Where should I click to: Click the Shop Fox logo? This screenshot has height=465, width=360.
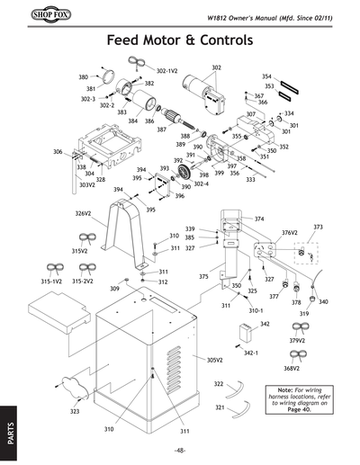click(31, 15)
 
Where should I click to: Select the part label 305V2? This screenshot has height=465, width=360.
click(214, 360)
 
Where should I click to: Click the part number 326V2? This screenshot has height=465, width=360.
click(83, 214)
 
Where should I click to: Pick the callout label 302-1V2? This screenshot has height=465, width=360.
click(167, 69)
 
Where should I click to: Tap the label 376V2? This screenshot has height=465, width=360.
click(289, 232)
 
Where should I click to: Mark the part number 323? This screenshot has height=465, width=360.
click(75, 411)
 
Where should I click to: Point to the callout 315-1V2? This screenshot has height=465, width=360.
click(51, 282)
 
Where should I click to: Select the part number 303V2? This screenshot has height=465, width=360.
click(86, 185)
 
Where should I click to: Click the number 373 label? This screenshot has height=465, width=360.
click(318, 228)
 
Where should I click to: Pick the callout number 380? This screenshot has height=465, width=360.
click(84, 78)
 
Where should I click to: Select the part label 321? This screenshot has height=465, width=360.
click(219, 407)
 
